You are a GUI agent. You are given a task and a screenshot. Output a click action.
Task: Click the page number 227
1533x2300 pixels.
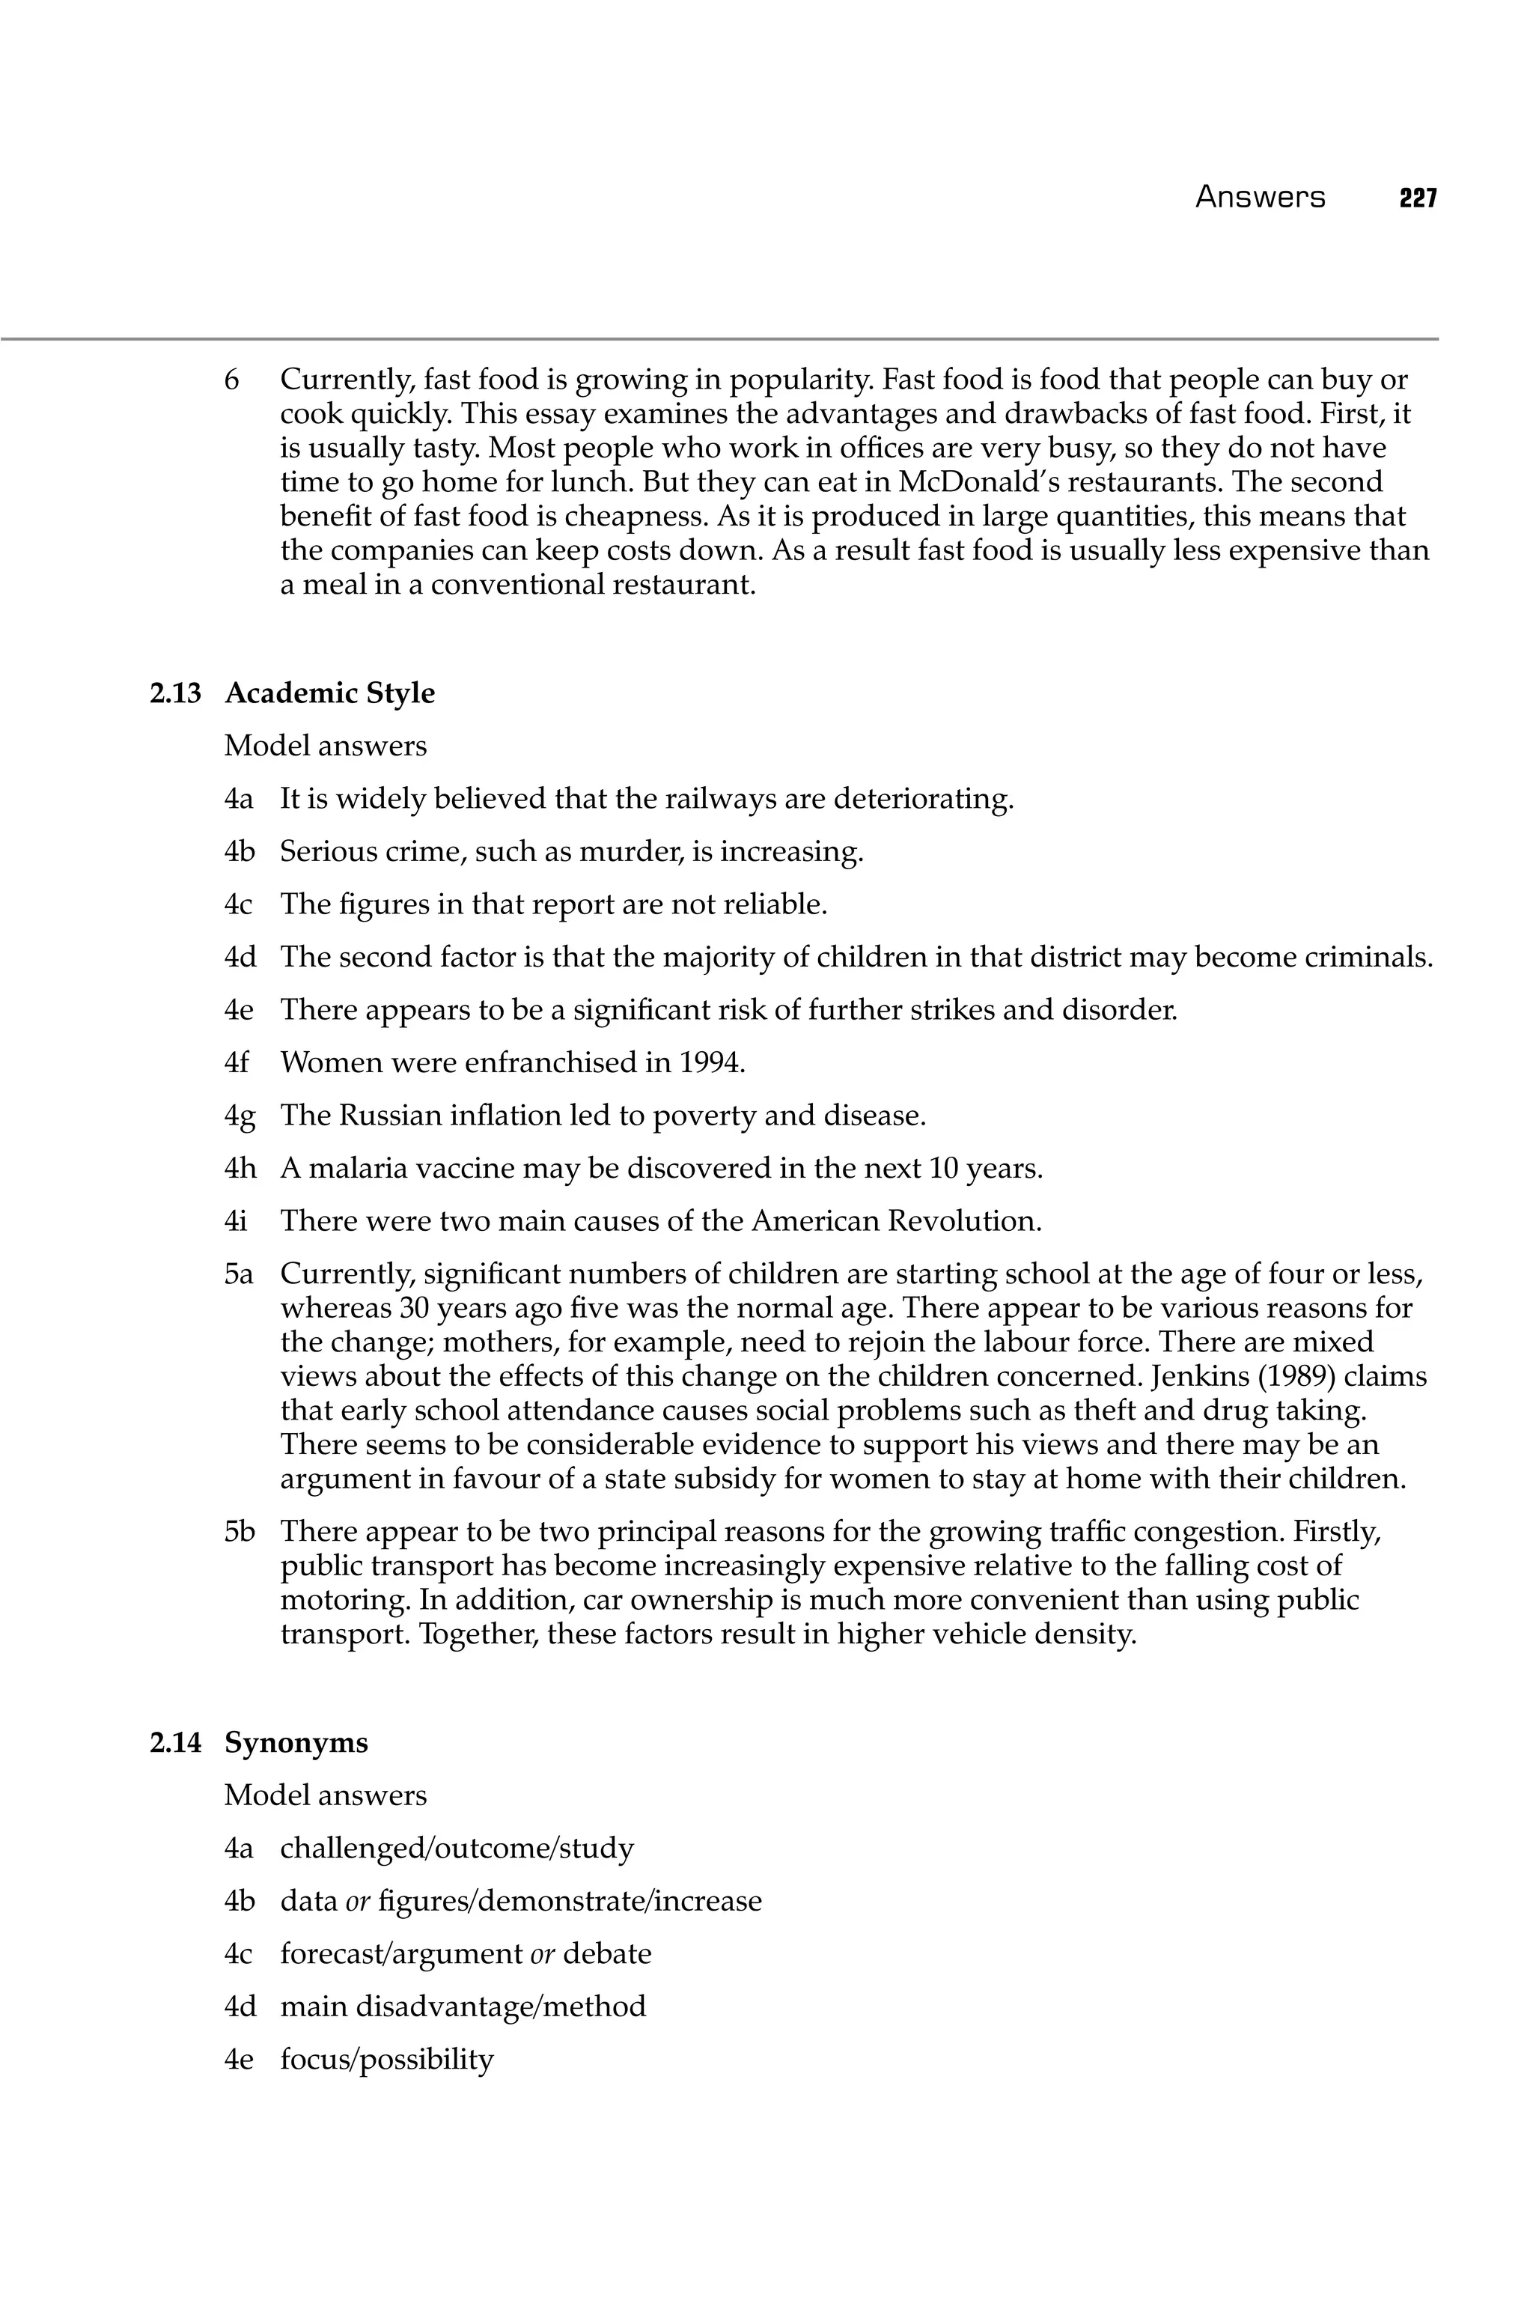[1417, 198]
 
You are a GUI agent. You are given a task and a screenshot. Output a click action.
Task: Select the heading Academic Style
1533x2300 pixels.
[329, 693]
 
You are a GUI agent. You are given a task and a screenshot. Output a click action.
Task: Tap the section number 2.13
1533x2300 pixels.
[176, 693]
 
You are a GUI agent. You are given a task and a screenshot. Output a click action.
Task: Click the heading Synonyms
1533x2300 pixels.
[296, 1743]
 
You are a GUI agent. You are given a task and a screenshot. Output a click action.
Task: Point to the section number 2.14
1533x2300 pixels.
[176, 1743]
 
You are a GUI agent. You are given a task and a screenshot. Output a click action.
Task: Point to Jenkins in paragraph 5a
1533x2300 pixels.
[1204, 1377]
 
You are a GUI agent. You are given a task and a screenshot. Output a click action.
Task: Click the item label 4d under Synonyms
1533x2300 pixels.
[240, 2007]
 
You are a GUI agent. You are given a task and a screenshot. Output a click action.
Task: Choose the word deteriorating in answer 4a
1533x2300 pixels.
[923, 800]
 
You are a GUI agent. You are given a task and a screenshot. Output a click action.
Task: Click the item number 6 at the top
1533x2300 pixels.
[232, 380]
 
